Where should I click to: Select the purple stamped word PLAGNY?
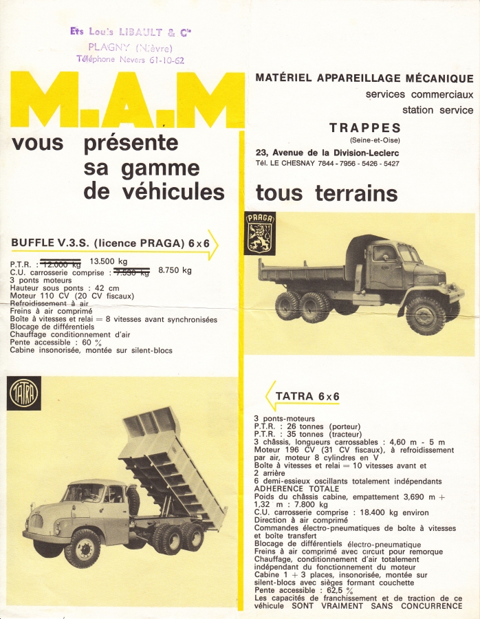pos(111,47)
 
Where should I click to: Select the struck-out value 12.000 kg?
pos(61,263)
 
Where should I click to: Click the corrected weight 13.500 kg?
pos(109,261)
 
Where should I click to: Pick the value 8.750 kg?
pos(175,270)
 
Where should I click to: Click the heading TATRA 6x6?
pos(307,396)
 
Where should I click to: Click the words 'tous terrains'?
pos(327,193)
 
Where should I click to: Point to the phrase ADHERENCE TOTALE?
pos(296,488)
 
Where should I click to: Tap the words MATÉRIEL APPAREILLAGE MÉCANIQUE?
pos(364,78)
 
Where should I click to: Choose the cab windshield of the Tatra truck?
pos(83,493)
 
